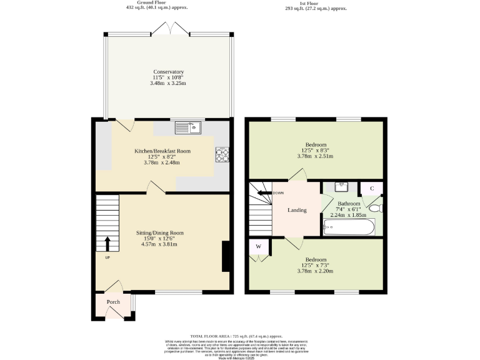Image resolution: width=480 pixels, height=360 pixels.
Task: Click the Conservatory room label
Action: (x=168, y=72)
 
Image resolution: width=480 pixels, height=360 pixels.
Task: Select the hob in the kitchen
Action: (x=222, y=154)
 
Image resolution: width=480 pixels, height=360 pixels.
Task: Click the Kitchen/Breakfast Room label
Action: (x=162, y=151)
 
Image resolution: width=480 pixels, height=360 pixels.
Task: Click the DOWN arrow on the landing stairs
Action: (x=263, y=192)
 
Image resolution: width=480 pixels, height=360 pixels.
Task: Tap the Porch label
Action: (x=113, y=302)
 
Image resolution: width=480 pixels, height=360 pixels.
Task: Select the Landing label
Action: (x=297, y=210)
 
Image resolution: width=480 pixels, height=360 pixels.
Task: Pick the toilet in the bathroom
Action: (x=376, y=209)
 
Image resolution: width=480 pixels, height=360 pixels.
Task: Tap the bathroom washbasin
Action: (x=341, y=187)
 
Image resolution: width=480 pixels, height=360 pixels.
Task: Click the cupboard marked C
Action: (x=372, y=188)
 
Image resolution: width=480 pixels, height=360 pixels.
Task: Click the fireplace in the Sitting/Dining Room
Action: (x=226, y=257)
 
